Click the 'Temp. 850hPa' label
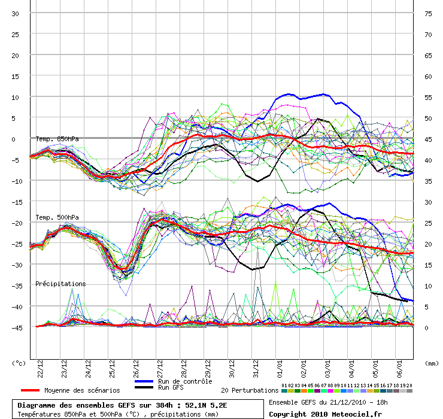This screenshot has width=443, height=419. (x=57, y=139)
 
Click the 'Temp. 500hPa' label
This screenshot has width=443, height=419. (x=57, y=217)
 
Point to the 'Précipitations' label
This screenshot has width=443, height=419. (x=60, y=284)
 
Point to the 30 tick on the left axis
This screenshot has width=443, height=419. (x=16, y=13)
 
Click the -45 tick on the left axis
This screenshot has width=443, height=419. (x=14, y=327)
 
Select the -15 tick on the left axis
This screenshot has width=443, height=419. (x=14, y=202)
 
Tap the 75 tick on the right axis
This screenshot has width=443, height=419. (x=428, y=13)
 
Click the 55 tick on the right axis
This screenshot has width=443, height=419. (x=428, y=97)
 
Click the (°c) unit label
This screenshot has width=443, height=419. (x=19, y=363)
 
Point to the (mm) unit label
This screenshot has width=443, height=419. (x=430, y=363)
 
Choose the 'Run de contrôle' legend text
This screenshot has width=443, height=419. (x=185, y=381)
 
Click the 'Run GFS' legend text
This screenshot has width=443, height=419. (x=171, y=388)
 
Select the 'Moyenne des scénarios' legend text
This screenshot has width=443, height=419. (x=82, y=390)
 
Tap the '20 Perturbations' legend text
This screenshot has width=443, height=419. (x=250, y=390)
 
